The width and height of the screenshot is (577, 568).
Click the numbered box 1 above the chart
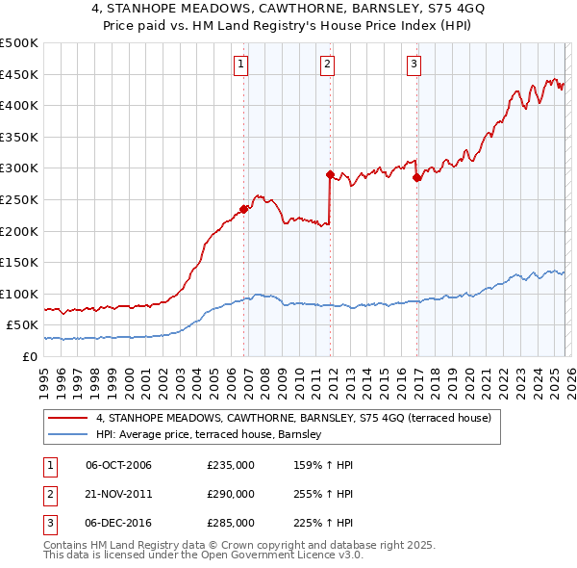click(240, 65)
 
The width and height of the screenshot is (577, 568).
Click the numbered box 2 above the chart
click(327, 65)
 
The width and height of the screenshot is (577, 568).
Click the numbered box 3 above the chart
click(414, 65)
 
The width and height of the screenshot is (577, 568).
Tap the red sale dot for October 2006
click(244, 208)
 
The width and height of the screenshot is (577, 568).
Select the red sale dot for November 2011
click(330, 174)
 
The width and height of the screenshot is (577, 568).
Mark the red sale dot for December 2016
click(416, 177)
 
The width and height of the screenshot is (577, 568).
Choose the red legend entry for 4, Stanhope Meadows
click(293, 418)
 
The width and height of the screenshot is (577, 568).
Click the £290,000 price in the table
click(231, 494)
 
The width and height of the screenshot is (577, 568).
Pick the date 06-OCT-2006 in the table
click(118, 465)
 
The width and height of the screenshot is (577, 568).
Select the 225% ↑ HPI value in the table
click(325, 523)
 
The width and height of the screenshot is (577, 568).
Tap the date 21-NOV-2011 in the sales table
click(118, 494)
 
